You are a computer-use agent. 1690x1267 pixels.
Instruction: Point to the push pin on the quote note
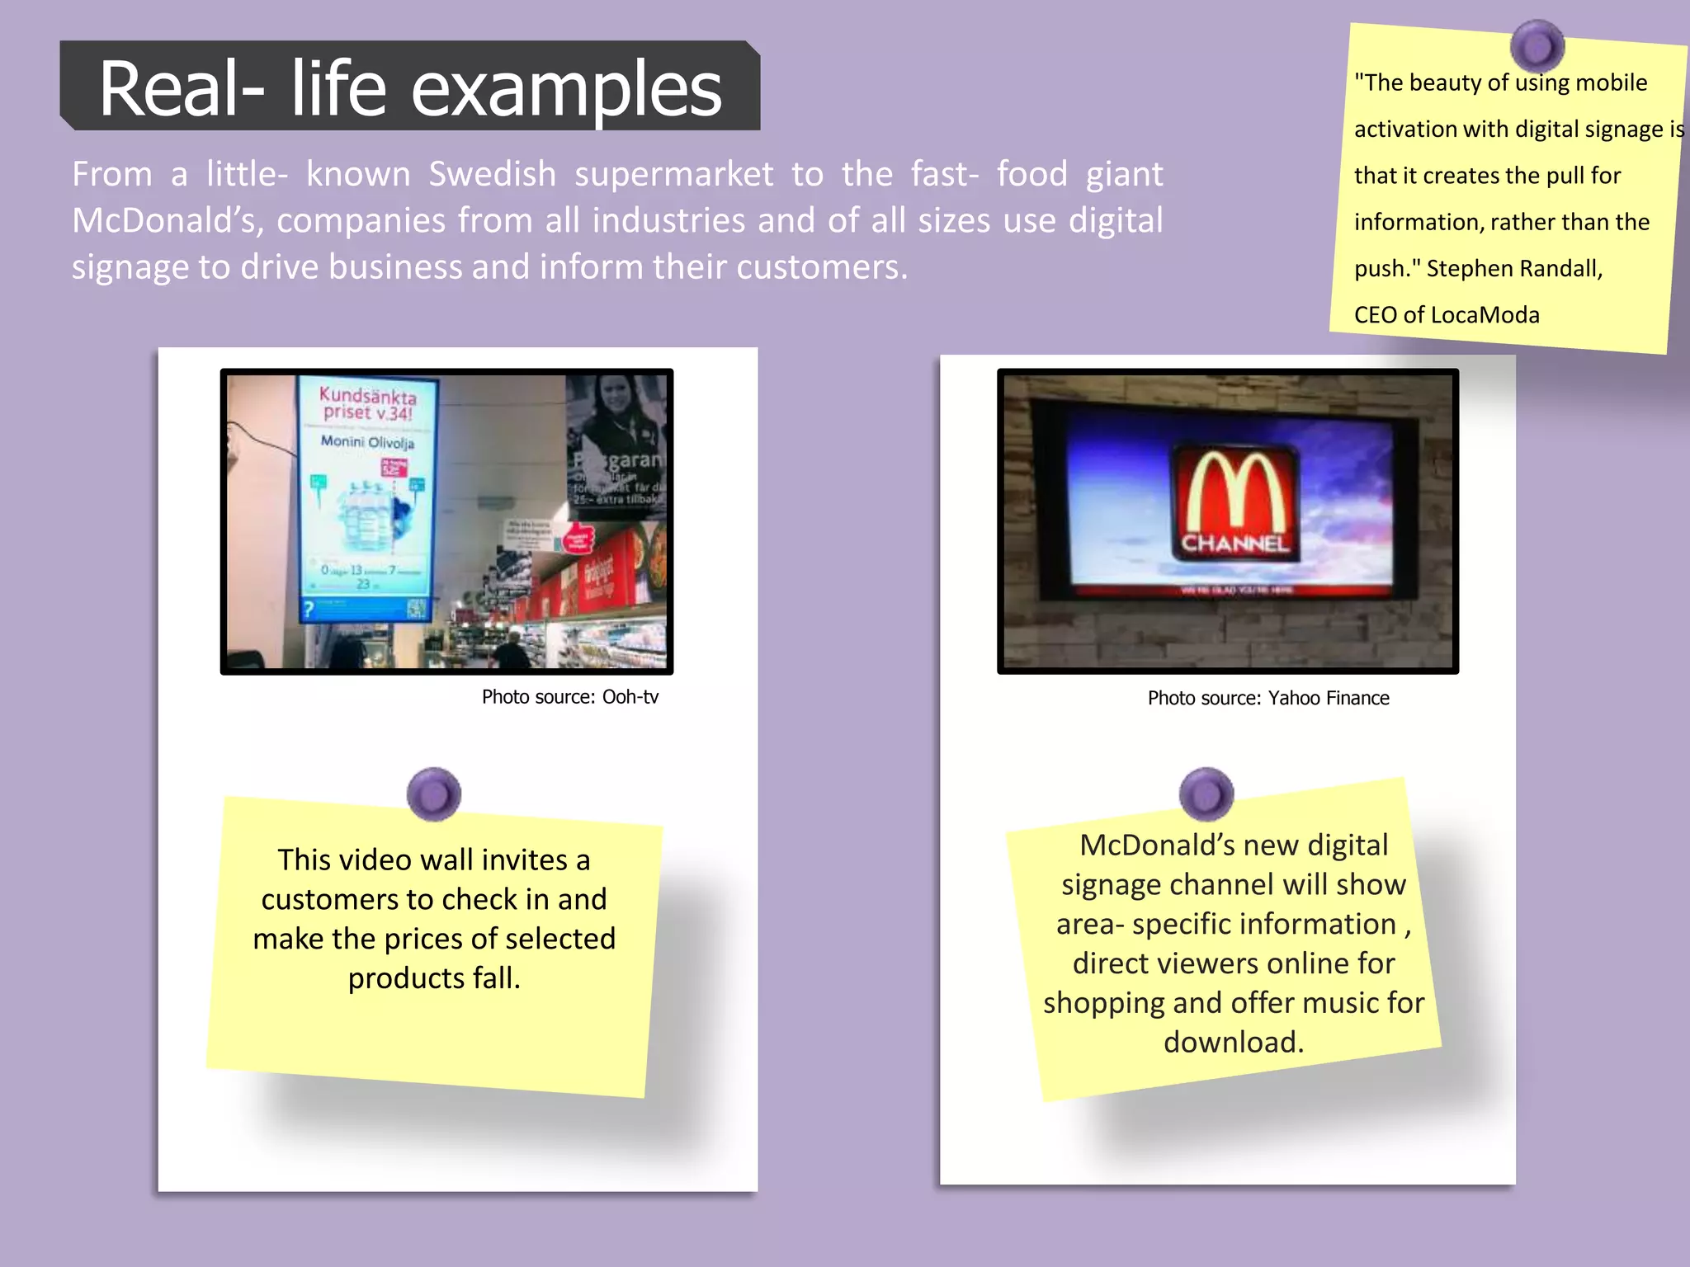coord(1537,46)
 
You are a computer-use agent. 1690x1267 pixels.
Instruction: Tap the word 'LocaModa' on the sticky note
coord(1485,315)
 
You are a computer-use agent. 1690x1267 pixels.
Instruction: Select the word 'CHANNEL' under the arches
coord(1234,544)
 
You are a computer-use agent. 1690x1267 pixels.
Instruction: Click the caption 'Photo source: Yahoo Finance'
coord(1267,699)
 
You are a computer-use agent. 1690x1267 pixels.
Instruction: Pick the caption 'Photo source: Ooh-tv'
coord(569,697)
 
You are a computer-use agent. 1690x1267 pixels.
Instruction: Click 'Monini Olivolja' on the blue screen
coord(367,442)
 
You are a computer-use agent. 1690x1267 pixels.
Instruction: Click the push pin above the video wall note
coord(434,794)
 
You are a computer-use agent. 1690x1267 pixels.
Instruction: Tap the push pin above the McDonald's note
coord(1206,794)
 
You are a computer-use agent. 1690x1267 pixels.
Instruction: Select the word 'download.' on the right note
coord(1233,1042)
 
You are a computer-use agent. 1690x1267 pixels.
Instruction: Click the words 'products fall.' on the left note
coord(434,978)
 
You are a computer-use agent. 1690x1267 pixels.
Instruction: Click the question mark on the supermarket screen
coord(309,610)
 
